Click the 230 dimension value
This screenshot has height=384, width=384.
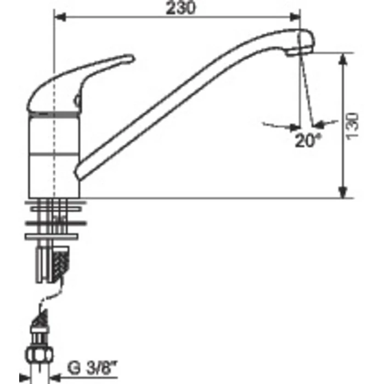pos(180,8)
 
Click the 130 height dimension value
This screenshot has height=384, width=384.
pos(352,126)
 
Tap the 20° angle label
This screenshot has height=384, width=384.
pos(308,140)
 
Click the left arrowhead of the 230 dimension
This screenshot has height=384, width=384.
pos(60,17)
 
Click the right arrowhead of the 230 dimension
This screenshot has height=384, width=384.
pos(295,17)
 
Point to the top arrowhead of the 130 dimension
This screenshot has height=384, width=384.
pos(343,59)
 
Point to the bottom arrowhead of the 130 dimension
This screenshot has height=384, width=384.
pos(343,192)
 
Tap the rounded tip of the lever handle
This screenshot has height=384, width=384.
pos(131,58)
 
